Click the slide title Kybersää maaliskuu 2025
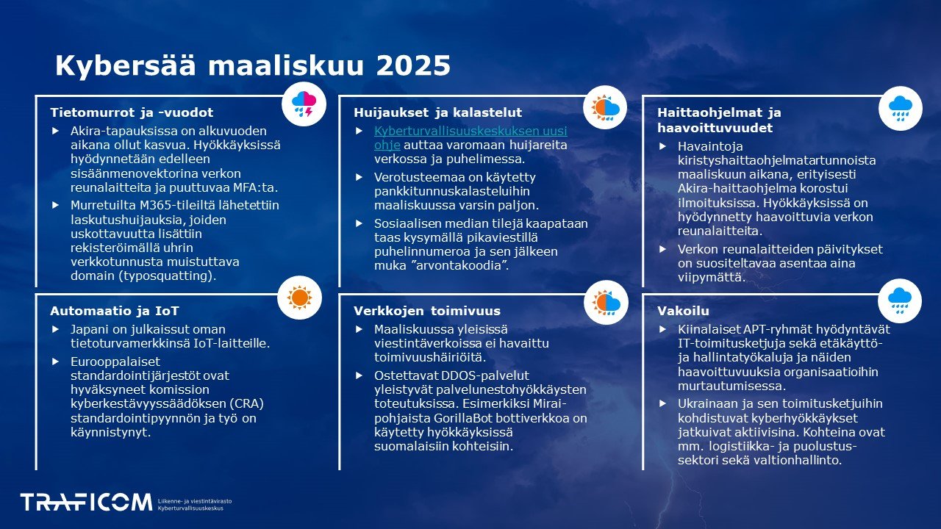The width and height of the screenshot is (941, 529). coord(252,66)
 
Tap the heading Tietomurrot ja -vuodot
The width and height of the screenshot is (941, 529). coord(132,112)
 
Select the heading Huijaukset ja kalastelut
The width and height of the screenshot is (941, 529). coord(437,112)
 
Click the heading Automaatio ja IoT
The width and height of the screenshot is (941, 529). coord(115,311)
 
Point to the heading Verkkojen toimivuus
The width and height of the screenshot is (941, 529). coord(427,311)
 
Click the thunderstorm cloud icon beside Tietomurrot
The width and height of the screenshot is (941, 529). coord(304,105)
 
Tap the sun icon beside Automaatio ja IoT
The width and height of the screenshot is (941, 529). coord(299,298)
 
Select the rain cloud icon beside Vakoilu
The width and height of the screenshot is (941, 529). coord(900,298)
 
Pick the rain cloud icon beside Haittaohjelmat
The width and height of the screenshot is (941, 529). coord(900,107)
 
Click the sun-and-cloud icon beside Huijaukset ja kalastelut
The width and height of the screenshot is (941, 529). coord(606,107)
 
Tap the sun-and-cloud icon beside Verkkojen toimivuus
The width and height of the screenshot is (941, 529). coord(606,302)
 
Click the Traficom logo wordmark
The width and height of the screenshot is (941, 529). coord(86,503)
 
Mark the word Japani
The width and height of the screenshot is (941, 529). coord(91,329)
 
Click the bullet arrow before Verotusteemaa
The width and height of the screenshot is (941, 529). coord(359,177)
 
